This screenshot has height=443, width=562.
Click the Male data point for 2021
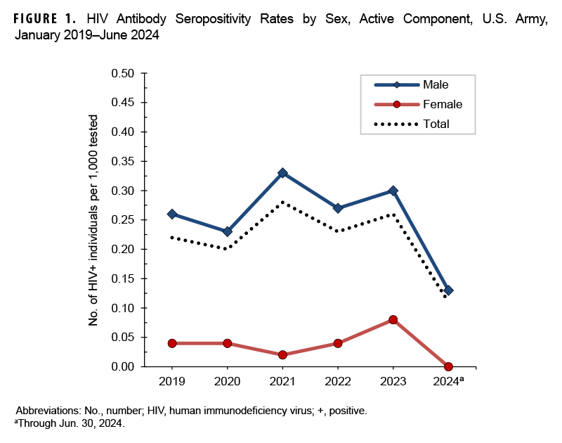click(x=282, y=173)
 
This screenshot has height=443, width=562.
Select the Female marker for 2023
click(x=393, y=320)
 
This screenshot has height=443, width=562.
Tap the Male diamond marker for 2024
click(x=448, y=290)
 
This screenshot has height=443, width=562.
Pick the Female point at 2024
click(x=448, y=366)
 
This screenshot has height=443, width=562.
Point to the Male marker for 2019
click(x=172, y=214)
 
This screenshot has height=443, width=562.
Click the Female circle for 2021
click(x=282, y=355)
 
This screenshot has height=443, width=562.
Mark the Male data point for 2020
click(x=227, y=231)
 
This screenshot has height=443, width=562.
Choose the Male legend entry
click(x=436, y=85)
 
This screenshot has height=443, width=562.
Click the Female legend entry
click(x=442, y=104)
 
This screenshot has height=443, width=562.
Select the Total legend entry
click(x=436, y=124)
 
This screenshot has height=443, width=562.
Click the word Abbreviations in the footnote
click(x=52, y=410)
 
